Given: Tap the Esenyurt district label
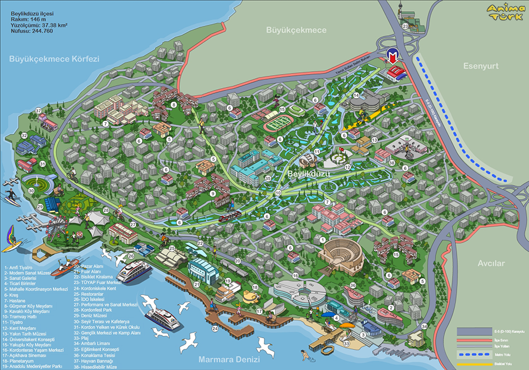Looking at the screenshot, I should point(480,66).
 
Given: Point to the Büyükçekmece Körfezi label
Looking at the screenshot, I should point(54,59).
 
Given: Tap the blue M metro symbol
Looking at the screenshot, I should point(393,56).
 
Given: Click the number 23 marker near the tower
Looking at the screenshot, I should point(405,26).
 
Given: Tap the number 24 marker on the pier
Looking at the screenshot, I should point(215,329).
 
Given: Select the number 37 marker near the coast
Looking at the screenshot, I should point(38,110).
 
